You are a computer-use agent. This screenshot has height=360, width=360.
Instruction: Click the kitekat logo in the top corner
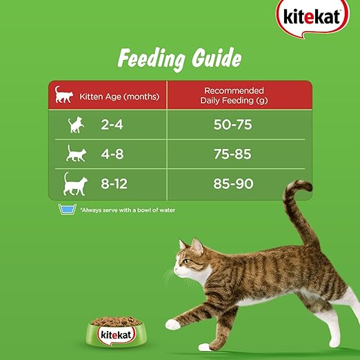pos(312,18)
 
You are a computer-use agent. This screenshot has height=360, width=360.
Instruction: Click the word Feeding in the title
pos(151,59)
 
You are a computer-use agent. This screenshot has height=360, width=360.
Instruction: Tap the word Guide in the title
pos(217,57)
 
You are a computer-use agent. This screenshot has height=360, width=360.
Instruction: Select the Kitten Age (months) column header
pos(119,97)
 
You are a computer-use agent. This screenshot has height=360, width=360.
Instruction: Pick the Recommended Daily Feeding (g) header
pos(234,95)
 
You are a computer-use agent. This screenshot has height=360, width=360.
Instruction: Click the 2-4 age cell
pos(112,125)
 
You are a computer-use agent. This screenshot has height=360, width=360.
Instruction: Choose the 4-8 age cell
pos(112,154)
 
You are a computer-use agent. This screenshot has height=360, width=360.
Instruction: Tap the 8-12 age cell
pos(114,183)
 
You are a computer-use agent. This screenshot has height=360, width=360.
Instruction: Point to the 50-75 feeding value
pos(232,125)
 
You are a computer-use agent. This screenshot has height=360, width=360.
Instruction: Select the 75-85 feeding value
pos(232,154)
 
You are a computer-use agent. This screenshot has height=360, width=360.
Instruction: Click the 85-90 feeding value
pos(233,183)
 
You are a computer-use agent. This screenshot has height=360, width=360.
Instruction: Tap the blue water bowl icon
pos(67,209)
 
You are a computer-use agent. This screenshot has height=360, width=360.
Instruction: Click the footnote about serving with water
pos(128,210)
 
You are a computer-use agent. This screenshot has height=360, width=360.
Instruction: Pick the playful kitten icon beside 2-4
pos(76,125)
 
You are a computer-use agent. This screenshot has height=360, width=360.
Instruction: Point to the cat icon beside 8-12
pos(75,184)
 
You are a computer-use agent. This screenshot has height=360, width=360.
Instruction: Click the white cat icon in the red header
pos(63,94)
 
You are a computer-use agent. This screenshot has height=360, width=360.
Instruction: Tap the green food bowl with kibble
pos(117,332)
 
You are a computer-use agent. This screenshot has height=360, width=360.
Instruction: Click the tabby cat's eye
pos(186,261)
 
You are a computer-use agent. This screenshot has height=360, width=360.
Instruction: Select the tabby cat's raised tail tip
pos(306,184)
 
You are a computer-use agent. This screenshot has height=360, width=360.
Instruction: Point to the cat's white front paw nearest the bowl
pos(172,324)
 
